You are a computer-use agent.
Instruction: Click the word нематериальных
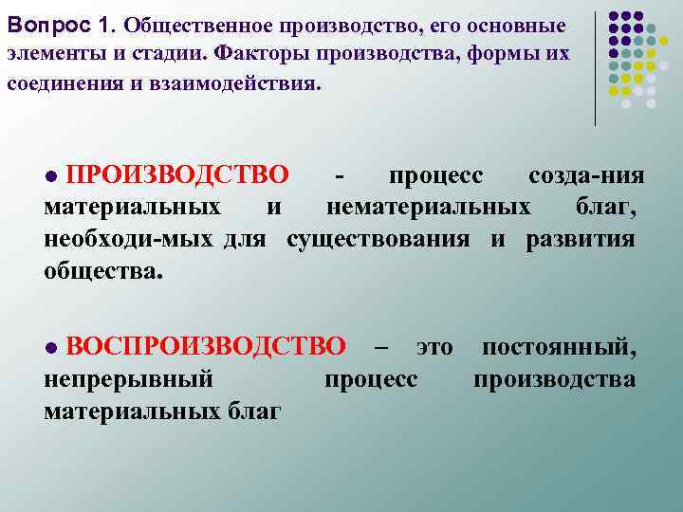click(429, 207)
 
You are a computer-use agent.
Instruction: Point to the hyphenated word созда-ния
click(586, 176)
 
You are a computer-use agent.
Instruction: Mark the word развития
click(581, 238)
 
